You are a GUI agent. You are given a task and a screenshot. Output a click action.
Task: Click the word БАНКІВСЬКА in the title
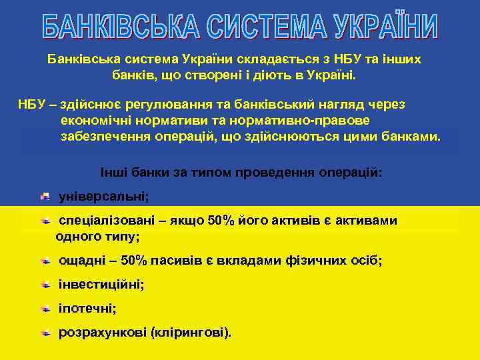(x=121, y=27)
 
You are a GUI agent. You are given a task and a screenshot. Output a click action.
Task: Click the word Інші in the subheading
(x=114, y=172)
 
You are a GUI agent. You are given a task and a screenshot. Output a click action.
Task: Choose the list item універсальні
(x=104, y=197)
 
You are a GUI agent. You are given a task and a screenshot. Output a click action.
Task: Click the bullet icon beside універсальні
(x=45, y=197)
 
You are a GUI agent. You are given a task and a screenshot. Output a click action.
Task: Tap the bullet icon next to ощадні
(x=45, y=261)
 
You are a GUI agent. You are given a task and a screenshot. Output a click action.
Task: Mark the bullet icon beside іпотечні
(x=45, y=309)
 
